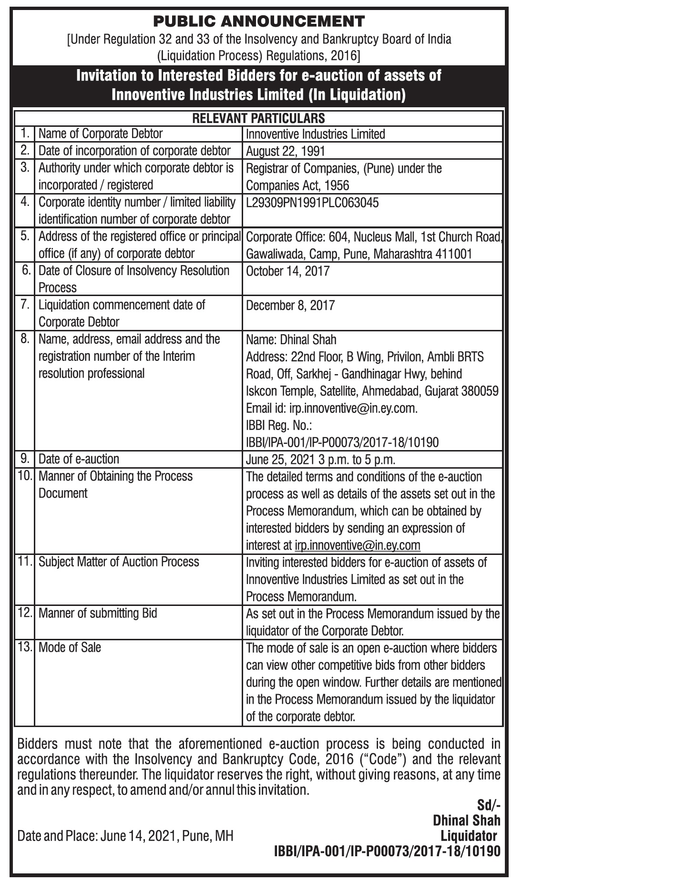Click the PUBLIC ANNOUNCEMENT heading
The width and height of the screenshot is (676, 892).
point(259,21)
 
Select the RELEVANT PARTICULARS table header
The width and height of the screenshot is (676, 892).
point(258,118)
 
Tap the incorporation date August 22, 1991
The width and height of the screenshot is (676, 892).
point(285,151)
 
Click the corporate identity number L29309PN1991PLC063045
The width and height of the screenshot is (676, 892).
point(312,203)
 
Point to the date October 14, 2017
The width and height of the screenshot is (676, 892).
point(287,271)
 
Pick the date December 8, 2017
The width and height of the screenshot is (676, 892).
point(290,305)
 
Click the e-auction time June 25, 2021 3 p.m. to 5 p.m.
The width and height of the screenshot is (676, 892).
point(321,460)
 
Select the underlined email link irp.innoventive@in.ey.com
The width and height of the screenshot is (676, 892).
point(358,545)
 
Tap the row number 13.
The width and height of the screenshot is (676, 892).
point(24,647)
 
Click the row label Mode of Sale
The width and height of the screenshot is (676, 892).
point(70,647)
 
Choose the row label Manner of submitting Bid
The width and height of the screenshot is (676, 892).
point(98,613)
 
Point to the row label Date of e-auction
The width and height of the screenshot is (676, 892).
point(79,459)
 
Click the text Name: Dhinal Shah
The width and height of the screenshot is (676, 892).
point(291,340)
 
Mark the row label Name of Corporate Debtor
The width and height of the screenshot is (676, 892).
point(101,134)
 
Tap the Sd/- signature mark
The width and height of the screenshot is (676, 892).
point(489,805)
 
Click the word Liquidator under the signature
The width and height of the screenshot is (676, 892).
point(469,836)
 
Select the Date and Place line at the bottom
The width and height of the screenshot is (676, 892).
point(125,836)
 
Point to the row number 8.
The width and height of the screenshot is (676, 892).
point(24,339)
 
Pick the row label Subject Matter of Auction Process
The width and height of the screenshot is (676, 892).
point(119,562)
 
